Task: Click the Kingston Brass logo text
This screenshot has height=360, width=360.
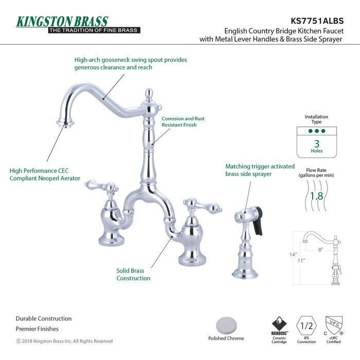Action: (62, 22)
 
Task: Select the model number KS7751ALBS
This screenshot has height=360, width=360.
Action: (316, 21)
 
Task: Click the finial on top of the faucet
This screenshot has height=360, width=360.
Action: (149, 95)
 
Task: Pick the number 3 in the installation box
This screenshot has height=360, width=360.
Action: (317, 143)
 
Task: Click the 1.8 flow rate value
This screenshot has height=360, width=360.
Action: (316, 196)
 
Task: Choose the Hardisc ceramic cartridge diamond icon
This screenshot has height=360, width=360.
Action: (280, 324)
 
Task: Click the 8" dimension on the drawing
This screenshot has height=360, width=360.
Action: (319, 250)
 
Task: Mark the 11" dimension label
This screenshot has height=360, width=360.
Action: (301, 260)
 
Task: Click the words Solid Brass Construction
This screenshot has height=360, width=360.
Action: (133, 274)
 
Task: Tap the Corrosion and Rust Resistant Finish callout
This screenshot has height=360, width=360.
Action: (183, 121)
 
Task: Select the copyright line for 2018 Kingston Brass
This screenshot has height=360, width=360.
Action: (64, 341)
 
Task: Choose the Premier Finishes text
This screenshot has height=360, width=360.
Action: (37, 329)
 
